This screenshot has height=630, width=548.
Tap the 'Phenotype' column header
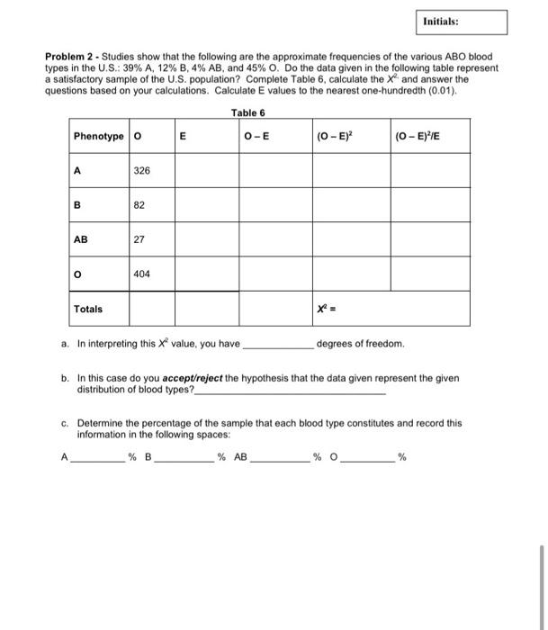pyautogui.click(x=98, y=136)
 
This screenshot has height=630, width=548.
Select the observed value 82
pyautogui.click(x=139, y=204)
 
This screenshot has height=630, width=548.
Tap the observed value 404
pyautogui.click(x=142, y=274)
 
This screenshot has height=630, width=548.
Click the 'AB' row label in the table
pyautogui.click(x=81, y=239)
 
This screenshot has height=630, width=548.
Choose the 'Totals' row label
pyautogui.click(x=88, y=309)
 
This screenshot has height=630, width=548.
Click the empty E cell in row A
pyautogui.click(x=206, y=169)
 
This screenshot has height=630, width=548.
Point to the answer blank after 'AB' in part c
pyautogui.click(x=280, y=459)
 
